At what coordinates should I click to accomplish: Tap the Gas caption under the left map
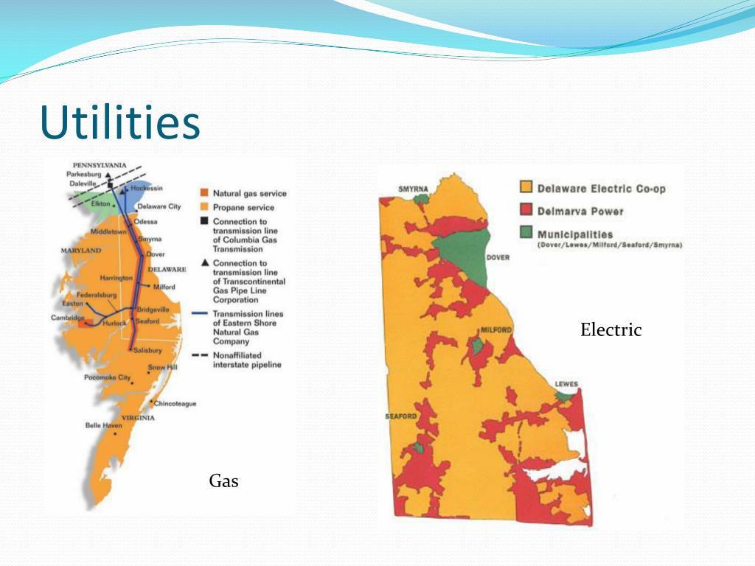pos(223,481)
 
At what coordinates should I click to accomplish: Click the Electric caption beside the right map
pos(610,329)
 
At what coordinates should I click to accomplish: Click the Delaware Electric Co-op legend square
pos(526,188)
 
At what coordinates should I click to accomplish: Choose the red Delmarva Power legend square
pos(526,211)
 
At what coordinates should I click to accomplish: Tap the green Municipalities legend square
pos(526,232)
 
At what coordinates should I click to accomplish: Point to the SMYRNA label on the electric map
pos(413,189)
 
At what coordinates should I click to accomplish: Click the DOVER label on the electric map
pos(498,258)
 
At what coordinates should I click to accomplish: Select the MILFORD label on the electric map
pos(496,330)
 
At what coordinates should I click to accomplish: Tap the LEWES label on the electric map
pos(567,384)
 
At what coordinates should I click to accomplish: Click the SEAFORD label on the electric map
pos(401,417)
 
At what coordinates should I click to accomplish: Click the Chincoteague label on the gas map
pos(175,403)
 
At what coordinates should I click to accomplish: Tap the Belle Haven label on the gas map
pos(104,425)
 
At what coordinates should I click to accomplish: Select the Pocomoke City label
pos(107,377)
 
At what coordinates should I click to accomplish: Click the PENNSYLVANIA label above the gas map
pos(100,164)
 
